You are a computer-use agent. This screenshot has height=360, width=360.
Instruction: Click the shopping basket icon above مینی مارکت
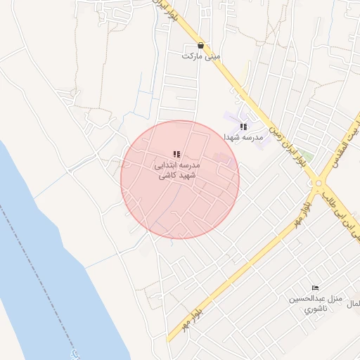(x=201, y=44)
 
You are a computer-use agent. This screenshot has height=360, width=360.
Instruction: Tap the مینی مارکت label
(x=201, y=56)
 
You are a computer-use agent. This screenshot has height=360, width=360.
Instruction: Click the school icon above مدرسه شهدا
(x=243, y=127)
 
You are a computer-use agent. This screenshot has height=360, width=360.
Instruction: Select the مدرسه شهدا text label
(x=243, y=137)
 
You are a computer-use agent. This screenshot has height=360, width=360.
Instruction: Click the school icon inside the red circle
(x=176, y=154)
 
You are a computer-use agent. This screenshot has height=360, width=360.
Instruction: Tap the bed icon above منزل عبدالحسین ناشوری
(x=314, y=288)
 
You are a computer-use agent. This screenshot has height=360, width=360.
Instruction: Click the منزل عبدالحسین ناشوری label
(x=314, y=303)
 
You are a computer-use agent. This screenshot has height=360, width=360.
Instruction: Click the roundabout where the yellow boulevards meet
(x=320, y=184)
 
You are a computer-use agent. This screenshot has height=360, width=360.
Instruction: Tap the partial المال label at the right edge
(x=354, y=303)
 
